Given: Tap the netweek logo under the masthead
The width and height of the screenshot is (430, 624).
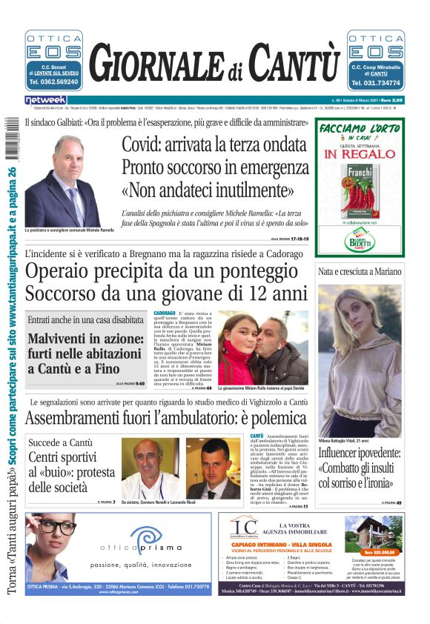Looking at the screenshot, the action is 46,100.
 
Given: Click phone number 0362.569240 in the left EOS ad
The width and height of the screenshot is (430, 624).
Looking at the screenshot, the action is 53,83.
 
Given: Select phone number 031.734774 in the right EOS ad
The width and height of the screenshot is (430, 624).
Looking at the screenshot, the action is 377,83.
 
